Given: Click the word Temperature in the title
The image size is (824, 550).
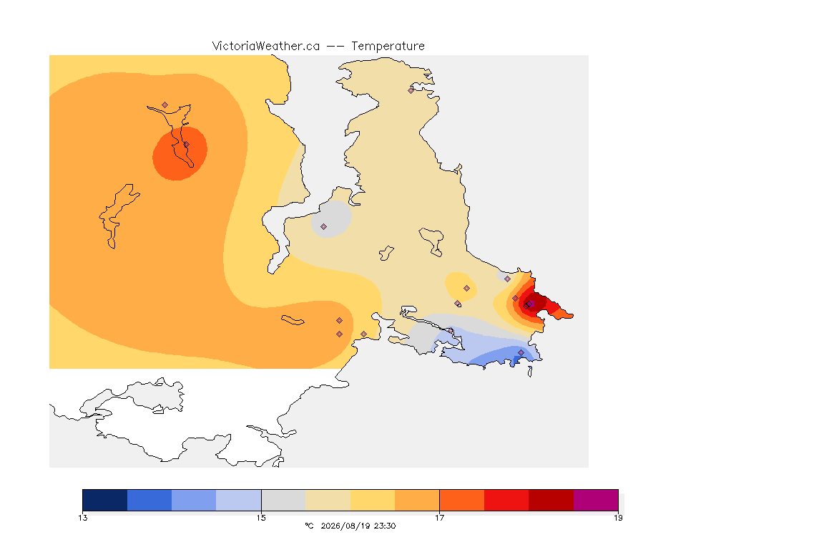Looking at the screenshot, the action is [388, 47].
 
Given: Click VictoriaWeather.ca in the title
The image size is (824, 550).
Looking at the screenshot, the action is [266, 47].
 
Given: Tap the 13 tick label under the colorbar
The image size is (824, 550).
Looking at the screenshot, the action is [82, 518].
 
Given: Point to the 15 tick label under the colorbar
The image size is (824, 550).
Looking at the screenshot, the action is [261, 518].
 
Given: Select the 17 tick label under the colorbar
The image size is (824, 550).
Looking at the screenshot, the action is [439, 518].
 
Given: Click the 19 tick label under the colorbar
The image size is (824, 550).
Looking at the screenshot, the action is [618, 518].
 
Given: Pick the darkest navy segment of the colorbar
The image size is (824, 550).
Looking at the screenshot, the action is [105, 500].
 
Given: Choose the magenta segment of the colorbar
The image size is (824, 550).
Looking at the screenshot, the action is [596, 500].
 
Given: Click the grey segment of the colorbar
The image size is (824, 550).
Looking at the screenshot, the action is [283, 500].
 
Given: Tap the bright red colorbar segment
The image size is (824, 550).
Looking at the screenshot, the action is [506, 500].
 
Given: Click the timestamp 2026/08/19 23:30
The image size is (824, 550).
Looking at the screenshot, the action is [358, 526].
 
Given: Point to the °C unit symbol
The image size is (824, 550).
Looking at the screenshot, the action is [310, 526].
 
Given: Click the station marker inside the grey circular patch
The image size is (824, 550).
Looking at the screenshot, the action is [324, 227].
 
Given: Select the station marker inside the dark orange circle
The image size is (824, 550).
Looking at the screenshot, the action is [186, 145].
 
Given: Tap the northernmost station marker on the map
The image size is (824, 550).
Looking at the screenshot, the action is [411, 90].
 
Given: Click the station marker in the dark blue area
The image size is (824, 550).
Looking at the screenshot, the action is [521, 352].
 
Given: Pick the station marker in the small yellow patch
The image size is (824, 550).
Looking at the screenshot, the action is [466, 289].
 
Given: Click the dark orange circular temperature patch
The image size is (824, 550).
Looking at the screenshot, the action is [180, 153].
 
